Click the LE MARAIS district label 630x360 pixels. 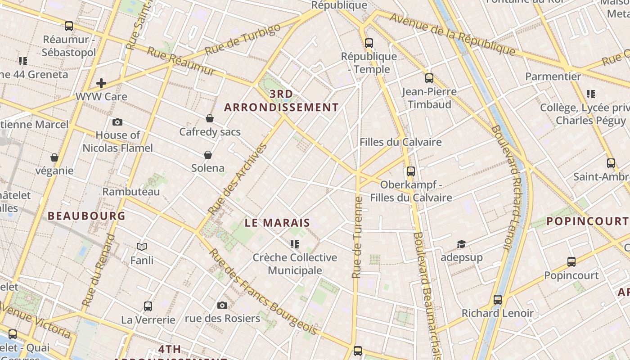pos(278,223)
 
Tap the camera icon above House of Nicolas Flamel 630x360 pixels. pos(117,122)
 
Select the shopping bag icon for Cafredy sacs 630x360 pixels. pos(209,118)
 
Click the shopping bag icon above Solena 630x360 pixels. pos(208,155)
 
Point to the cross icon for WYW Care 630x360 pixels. pos(101,83)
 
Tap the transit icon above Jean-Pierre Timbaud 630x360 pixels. pos(429,78)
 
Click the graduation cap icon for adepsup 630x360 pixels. pos(461,244)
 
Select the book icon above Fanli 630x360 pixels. pos(142,247)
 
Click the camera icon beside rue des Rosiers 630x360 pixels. pos(222,306)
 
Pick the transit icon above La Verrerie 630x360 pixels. pos(148,306)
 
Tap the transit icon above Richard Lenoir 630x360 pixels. pos(497,300)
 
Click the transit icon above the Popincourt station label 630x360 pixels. pos(571,262)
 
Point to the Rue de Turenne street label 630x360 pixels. pos(357,237)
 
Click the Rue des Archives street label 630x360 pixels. pos(238,179)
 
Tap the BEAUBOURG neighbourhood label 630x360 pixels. pos(86,216)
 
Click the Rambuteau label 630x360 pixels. pos(131,192)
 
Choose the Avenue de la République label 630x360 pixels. pos(452,34)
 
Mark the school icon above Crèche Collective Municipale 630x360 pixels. pos(295,244)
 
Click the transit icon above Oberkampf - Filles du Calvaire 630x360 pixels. pos(411,171)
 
